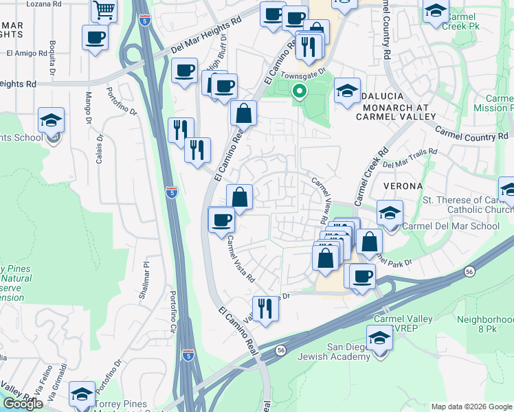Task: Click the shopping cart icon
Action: (104, 11)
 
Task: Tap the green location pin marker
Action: (299, 91)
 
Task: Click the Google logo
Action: (23, 404)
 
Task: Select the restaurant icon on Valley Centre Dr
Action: (263, 308)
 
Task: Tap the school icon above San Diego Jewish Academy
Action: (379, 338)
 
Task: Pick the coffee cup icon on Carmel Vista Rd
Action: (221, 220)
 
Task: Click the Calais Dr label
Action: (100, 147)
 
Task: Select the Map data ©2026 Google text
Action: (471, 407)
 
